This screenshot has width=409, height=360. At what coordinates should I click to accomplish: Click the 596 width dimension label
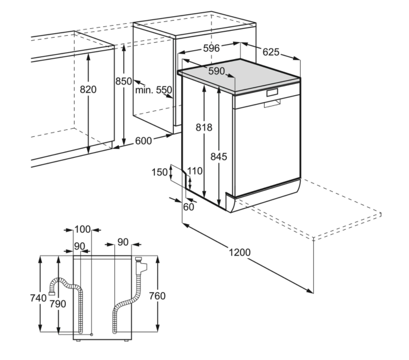[211, 48]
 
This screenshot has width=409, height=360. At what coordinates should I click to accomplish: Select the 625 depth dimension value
[271, 52]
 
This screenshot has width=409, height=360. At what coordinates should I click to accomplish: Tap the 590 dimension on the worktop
[216, 71]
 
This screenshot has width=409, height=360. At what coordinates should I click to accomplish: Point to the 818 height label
[204, 127]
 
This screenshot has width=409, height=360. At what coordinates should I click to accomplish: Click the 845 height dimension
[219, 157]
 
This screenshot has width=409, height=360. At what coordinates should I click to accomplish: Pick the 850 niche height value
[124, 81]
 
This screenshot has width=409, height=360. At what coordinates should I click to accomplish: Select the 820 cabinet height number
[88, 90]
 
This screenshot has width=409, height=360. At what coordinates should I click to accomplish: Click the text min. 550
[154, 90]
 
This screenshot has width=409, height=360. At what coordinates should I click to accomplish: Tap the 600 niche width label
[143, 141]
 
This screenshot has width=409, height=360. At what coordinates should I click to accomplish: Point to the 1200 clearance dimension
[240, 252]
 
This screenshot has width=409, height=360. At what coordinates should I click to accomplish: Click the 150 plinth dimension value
[160, 172]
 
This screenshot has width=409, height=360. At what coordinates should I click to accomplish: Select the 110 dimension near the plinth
[195, 171]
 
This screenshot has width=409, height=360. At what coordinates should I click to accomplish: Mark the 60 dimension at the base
[188, 207]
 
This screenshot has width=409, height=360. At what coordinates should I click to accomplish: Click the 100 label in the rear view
[82, 229]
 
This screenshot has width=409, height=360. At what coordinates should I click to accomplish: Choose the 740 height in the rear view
[38, 298]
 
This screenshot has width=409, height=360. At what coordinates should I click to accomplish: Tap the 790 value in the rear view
[58, 304]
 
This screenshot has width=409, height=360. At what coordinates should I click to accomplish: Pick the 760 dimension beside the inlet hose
[157, 296]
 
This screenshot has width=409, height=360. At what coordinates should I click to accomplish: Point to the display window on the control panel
[272, 92]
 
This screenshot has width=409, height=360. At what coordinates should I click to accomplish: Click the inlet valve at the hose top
[141, 265]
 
